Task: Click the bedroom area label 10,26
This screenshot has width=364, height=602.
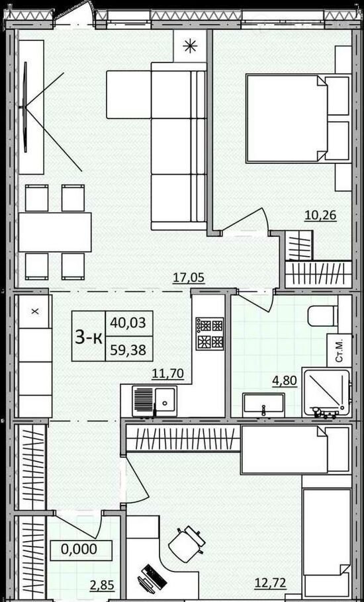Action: [320, 216]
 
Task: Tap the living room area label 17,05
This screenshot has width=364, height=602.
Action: [188, 277]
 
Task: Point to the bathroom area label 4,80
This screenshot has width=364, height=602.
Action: [285, 381]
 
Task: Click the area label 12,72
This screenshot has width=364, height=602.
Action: [270, 584]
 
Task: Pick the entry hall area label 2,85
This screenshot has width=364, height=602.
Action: [103, 587]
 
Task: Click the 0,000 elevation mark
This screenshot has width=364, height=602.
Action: [79, 549]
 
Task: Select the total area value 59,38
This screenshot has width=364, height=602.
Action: [128, 350]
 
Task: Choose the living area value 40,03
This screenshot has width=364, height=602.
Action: [128, 323]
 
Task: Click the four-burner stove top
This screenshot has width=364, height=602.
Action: [210, 333]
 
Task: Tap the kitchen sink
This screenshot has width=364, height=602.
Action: [155, 401]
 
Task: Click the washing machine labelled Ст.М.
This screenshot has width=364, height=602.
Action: [339, 350]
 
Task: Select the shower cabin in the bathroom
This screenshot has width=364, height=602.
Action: [326, 392]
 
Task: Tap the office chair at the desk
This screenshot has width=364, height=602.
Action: [187, 540]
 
